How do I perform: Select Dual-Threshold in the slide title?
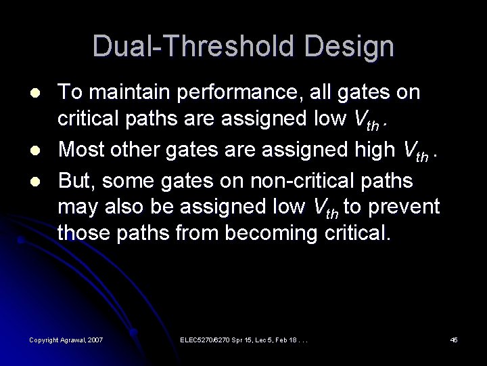(192, 45)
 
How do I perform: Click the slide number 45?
(454, 339)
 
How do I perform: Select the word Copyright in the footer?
(44, 339)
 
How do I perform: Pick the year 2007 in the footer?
(96, 339)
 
